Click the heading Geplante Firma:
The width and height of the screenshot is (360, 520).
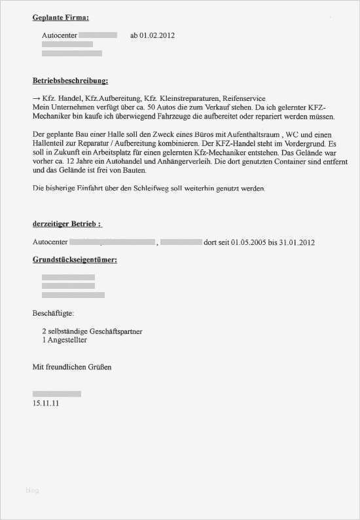(x=60, y=18)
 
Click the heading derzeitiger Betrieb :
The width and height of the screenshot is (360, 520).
(x=67, y=224)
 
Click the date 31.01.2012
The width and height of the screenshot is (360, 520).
(x=298, y=243)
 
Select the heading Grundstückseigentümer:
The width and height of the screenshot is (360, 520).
(x=75, y=261)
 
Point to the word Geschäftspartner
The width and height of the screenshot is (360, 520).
(x=115, y=331)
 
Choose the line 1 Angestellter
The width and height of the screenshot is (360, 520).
(x=64, y=341)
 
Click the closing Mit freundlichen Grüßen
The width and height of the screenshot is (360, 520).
(x=72, y=367)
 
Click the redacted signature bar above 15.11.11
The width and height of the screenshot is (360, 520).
(x=57, y=394)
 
